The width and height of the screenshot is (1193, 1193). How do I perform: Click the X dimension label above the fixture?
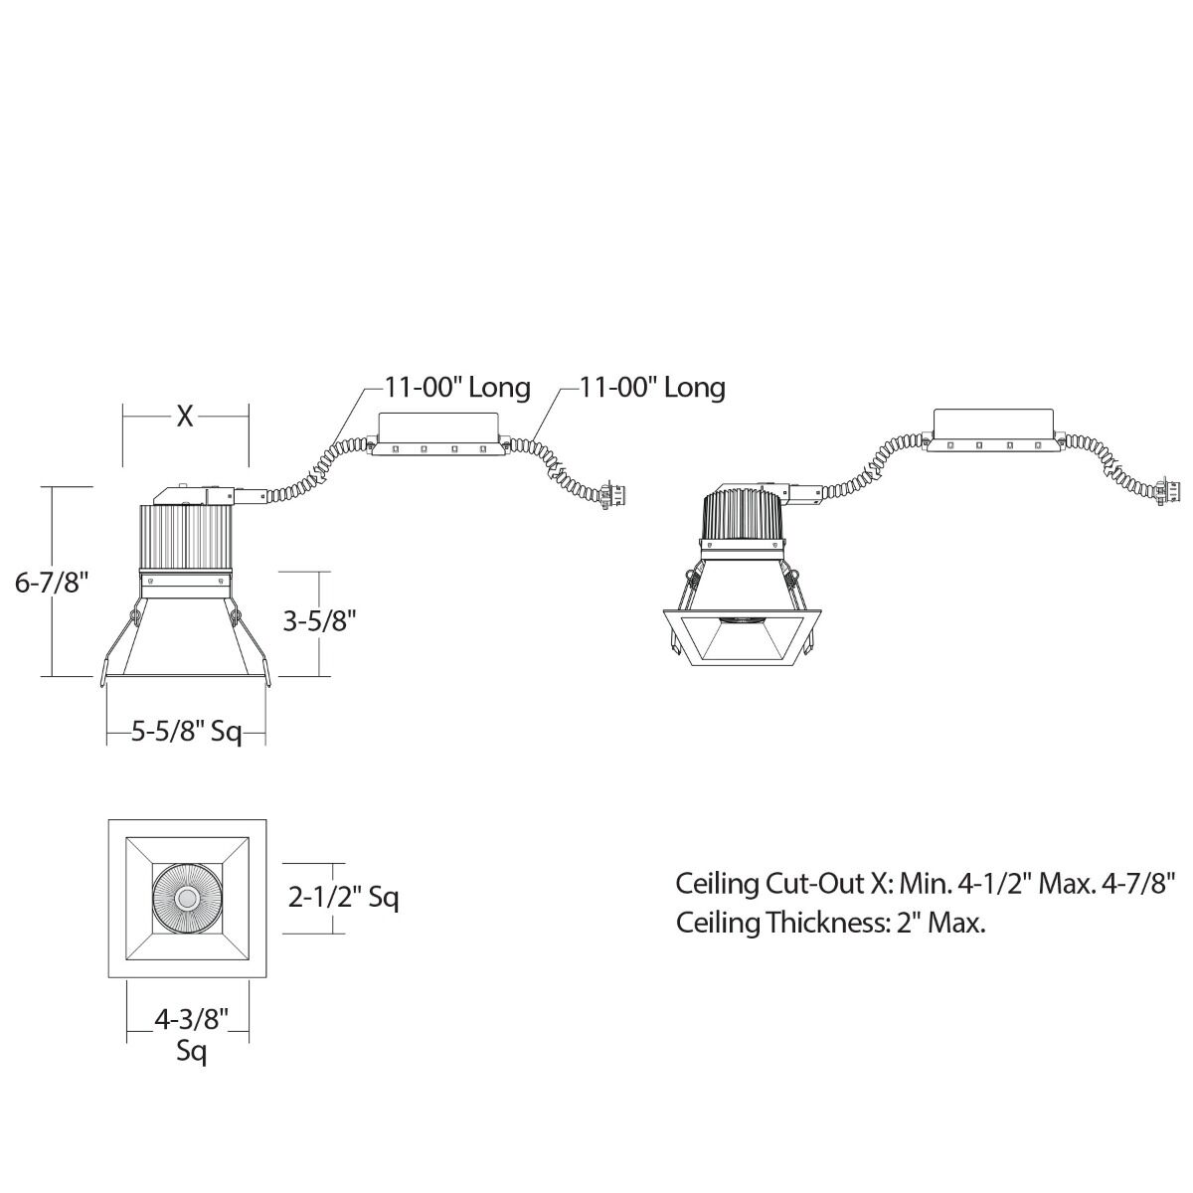tap(185, 417)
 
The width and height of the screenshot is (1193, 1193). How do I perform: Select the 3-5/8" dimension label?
tap(320, 621)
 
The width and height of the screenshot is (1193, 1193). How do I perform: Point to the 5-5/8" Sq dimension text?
tap(186, 732)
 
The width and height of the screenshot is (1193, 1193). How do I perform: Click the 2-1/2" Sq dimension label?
tap(344, 897)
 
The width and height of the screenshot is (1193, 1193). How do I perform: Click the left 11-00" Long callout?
tap(457, 388)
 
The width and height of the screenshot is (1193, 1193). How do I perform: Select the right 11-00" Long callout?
tap(652, 388)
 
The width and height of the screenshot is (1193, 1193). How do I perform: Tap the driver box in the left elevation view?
tap(438, 434)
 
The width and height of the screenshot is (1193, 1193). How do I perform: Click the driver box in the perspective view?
tap(993, 430)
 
